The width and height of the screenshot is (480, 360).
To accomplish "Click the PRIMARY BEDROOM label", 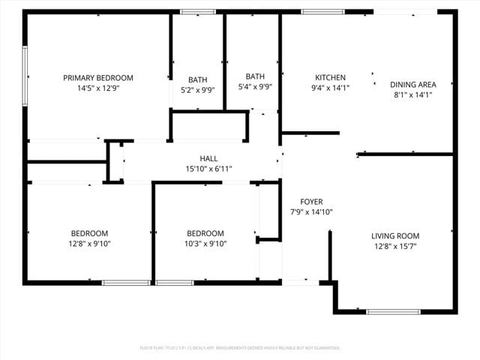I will pos(97,78).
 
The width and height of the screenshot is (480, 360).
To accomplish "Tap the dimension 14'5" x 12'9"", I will pos(97,88).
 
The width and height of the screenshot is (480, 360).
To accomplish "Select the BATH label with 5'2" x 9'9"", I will pos(198,79).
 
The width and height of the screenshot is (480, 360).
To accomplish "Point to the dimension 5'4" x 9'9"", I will pos(255,86).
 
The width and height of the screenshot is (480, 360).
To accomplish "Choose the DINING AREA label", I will pos(412,85).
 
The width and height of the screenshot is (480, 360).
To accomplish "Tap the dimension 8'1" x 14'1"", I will pos(412,94).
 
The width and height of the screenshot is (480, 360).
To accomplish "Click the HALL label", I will pos(208,158).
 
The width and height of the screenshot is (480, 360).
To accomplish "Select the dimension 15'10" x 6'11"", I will pos(208,169).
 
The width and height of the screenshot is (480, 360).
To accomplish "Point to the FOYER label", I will pos(311,202).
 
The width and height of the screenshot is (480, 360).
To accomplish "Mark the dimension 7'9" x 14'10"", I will pos(311,212).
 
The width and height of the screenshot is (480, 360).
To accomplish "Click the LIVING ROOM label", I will pos(395,235).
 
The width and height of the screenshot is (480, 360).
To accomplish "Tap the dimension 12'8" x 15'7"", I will pos(395,246).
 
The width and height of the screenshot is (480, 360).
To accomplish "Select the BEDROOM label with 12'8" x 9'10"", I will pos(90,233).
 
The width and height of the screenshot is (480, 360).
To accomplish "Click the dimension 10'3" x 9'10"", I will pos(205,244).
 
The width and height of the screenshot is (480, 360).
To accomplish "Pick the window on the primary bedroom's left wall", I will pos(25,76).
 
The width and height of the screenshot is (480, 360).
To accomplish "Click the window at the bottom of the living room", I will pos(393,311).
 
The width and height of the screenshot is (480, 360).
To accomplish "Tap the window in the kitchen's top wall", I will pos(322,12).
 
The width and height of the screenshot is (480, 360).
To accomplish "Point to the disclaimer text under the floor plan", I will pos(240,348).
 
